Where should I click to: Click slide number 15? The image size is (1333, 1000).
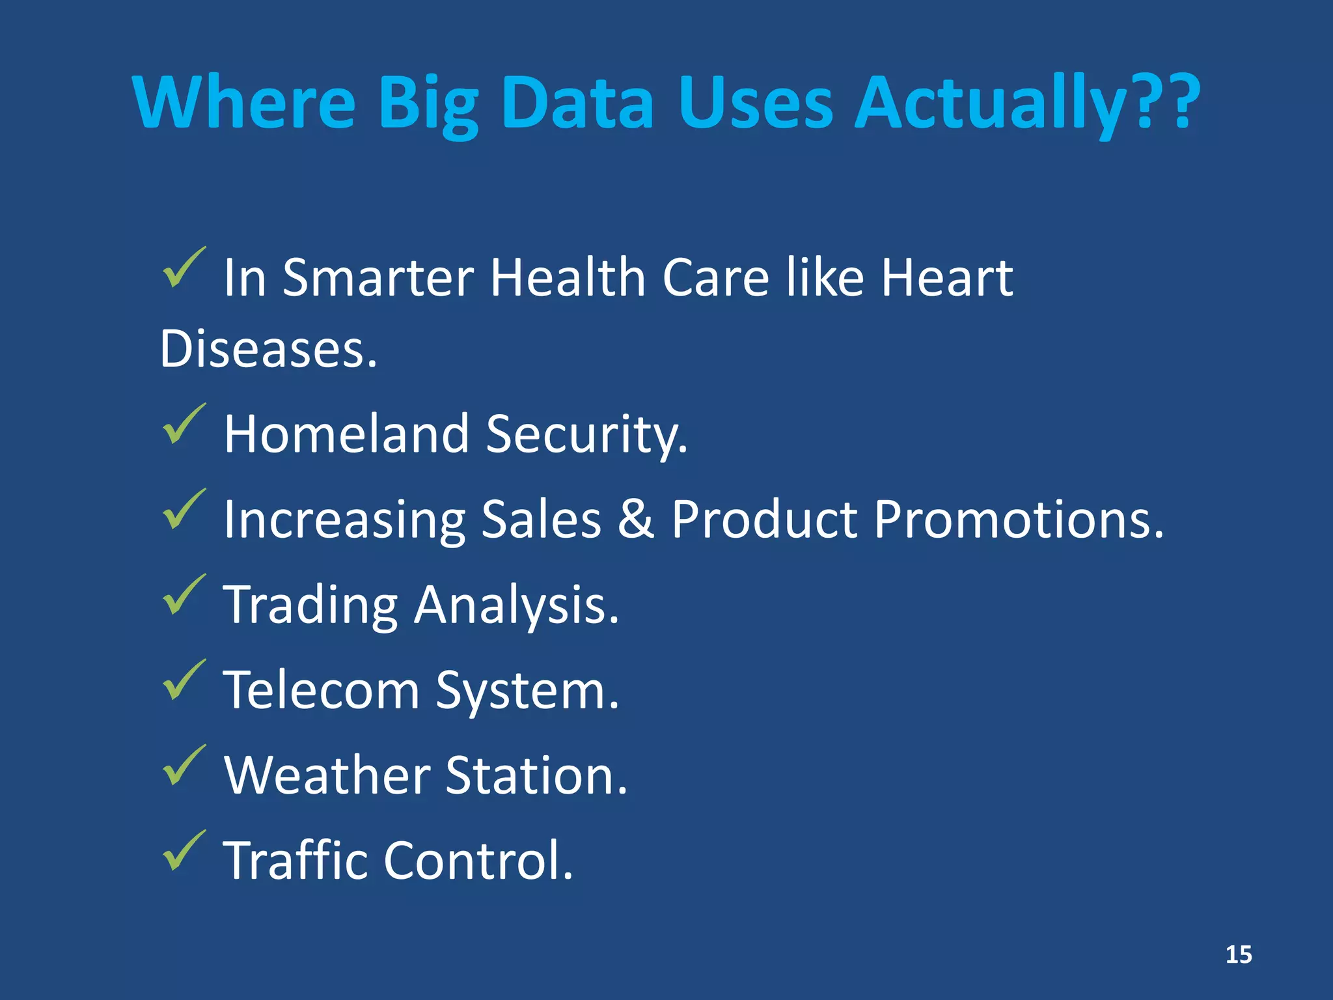1238,954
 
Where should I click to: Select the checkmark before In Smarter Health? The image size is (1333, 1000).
183,268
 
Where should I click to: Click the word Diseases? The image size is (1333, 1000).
268,349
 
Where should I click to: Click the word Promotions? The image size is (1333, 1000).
1018,520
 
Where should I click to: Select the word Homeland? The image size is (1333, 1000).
346,434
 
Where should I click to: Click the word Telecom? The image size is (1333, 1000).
322,689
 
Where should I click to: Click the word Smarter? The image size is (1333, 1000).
378,278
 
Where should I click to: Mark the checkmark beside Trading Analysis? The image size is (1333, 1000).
183,594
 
